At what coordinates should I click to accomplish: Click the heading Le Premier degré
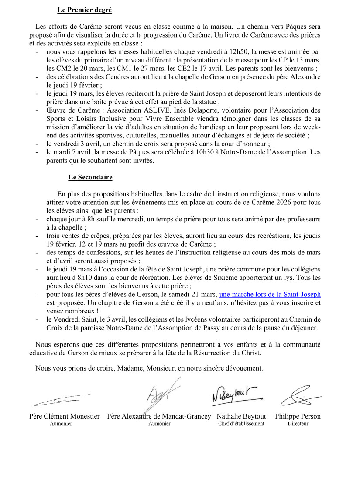[84, 10]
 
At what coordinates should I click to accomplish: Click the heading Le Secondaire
[90, 177]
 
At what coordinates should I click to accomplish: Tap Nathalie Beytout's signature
[233, 395]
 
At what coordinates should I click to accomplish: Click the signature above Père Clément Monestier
[65, 398]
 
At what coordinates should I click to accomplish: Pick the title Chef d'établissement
[241, 424]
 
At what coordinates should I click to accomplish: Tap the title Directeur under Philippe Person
[298, 424]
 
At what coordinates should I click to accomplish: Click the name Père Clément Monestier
[65, 416]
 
